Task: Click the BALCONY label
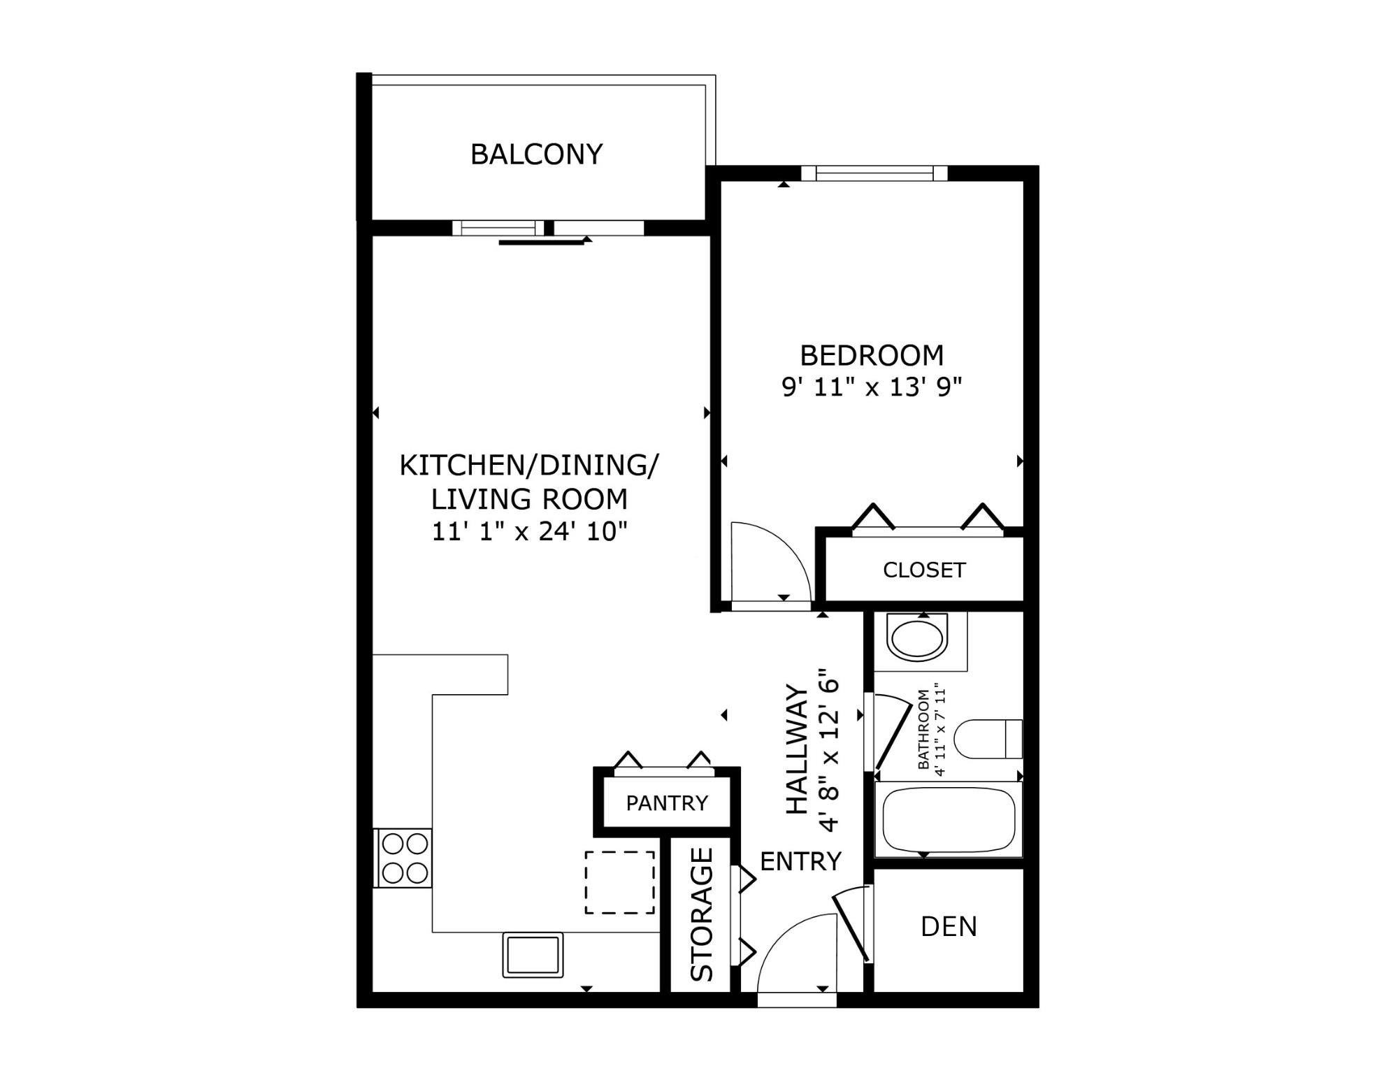coord(536,154)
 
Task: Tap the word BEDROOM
coord(871,356)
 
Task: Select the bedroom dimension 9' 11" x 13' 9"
coord(871,387)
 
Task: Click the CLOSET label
coord(923,570)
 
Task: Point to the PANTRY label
coord(667,802)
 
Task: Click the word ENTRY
coord(800,862)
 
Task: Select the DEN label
coord(949,926)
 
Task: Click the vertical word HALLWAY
coord(798,749)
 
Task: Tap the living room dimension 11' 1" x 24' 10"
coord(529,532)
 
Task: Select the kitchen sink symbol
coord(533,954)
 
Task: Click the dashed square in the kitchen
coord(619,882)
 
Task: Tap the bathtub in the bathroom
coord(948,819)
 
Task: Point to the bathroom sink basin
coord(916,638)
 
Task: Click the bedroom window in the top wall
coord(874,173)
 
